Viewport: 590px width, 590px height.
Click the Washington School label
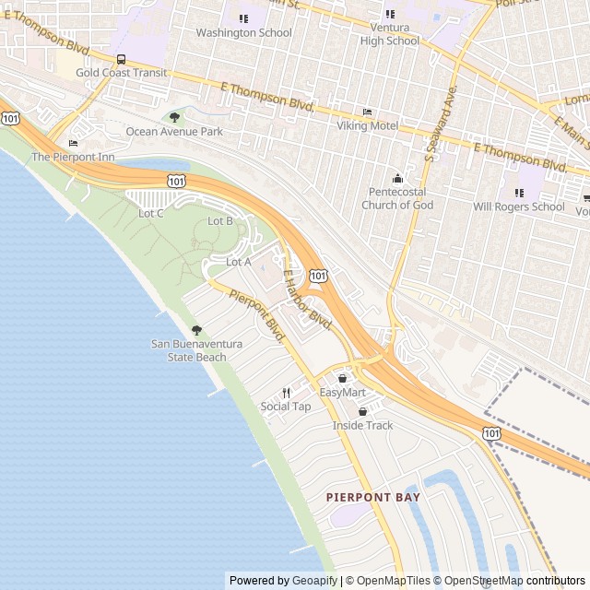pyautogui.click(x=243, y=32)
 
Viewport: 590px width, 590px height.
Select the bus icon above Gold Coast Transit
pyautogui.click(x=122, y=59)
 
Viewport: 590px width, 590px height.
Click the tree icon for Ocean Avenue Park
pyautogui.click(x=174, y=117)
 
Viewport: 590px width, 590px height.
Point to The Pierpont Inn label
pyautogui.click(x=74, y=157)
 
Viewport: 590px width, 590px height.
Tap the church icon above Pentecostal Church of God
pyautogui.click(x=398, y=178)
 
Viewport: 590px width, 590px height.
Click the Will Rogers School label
pyautogui.click(x=518, y=206)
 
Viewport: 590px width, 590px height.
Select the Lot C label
pyautogui.click(x=151, y=213)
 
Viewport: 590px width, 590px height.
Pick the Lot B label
pyautogui.click(x=220, y=221)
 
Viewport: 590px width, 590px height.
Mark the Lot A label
pyautogui.click(x=239, y=262)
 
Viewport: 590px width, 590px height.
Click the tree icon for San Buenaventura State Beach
pyautogui.click(x=196, y=330)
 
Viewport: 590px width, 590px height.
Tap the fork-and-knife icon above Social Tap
pyautogui.click(x=286, y=393)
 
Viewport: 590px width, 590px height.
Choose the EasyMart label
pyautogui.click(x=342, y=393)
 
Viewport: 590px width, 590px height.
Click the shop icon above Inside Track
pyautogui.click(x=362, y=411)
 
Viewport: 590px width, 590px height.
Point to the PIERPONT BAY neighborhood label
pyautogui.click(x=373, y=497)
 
